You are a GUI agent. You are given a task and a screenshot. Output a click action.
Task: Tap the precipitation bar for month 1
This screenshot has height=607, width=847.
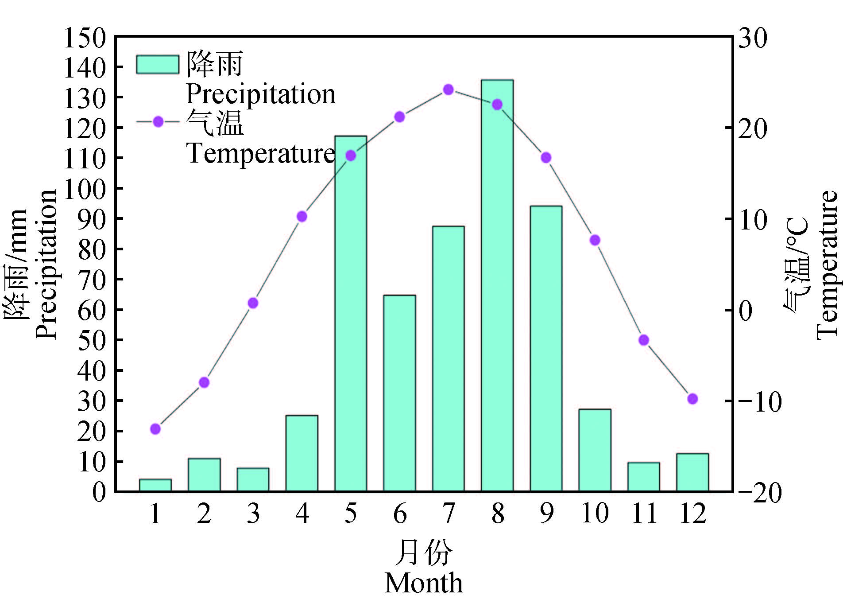click(155, 486)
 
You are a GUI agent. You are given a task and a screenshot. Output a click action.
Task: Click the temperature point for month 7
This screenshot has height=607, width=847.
click(449, 89)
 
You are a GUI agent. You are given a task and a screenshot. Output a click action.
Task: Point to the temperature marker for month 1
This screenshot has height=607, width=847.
click(155, 429)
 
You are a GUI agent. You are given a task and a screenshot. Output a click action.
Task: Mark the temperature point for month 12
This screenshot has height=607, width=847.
click(693, 399)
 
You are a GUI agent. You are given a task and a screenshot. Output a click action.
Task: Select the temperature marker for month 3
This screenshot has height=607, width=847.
click(253, 303)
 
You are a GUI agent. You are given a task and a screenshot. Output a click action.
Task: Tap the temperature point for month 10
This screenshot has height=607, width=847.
click(595, 240)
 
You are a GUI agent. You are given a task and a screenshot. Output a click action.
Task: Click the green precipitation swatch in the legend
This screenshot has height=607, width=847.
click(158, 65)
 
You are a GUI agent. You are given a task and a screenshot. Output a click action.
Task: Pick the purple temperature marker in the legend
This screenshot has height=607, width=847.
click(158, 121)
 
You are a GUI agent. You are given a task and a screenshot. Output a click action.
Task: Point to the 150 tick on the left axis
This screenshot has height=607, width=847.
click(85, 38)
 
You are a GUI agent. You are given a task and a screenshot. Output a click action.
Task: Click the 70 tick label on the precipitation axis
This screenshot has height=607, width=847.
click(92, 280)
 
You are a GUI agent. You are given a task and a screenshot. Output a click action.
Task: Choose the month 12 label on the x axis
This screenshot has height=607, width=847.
click(693, 514)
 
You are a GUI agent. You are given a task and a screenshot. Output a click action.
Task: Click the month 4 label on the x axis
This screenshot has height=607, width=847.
click(302, 514)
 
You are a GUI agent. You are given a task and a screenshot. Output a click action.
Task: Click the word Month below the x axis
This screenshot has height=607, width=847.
click(424, 583)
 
